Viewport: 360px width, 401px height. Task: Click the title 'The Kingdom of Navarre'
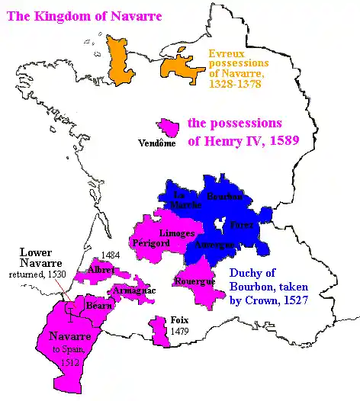click(x=82, y=15)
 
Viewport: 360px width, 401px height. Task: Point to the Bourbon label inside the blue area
click(x=225, y=197)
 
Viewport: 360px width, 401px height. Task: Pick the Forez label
click(x=242, y=225)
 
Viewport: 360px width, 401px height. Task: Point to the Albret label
click(x=101, y=271)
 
